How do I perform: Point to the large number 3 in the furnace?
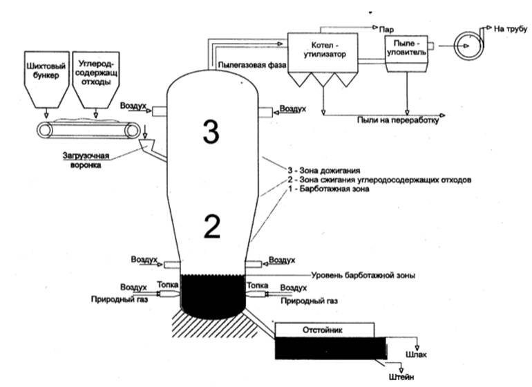click(211, 131)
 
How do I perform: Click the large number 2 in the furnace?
click(211, 225)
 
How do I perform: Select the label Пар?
click(386, 30)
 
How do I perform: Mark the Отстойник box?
click(325, 329)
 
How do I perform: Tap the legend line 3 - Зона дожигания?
click(331, 170)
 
